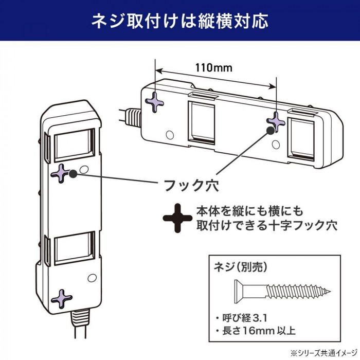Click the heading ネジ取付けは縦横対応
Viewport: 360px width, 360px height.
point(179,21)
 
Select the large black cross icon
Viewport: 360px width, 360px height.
point(177,219)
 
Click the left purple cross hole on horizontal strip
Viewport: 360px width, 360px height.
point(155,102)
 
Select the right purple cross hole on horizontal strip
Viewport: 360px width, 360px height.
point(276,122)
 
